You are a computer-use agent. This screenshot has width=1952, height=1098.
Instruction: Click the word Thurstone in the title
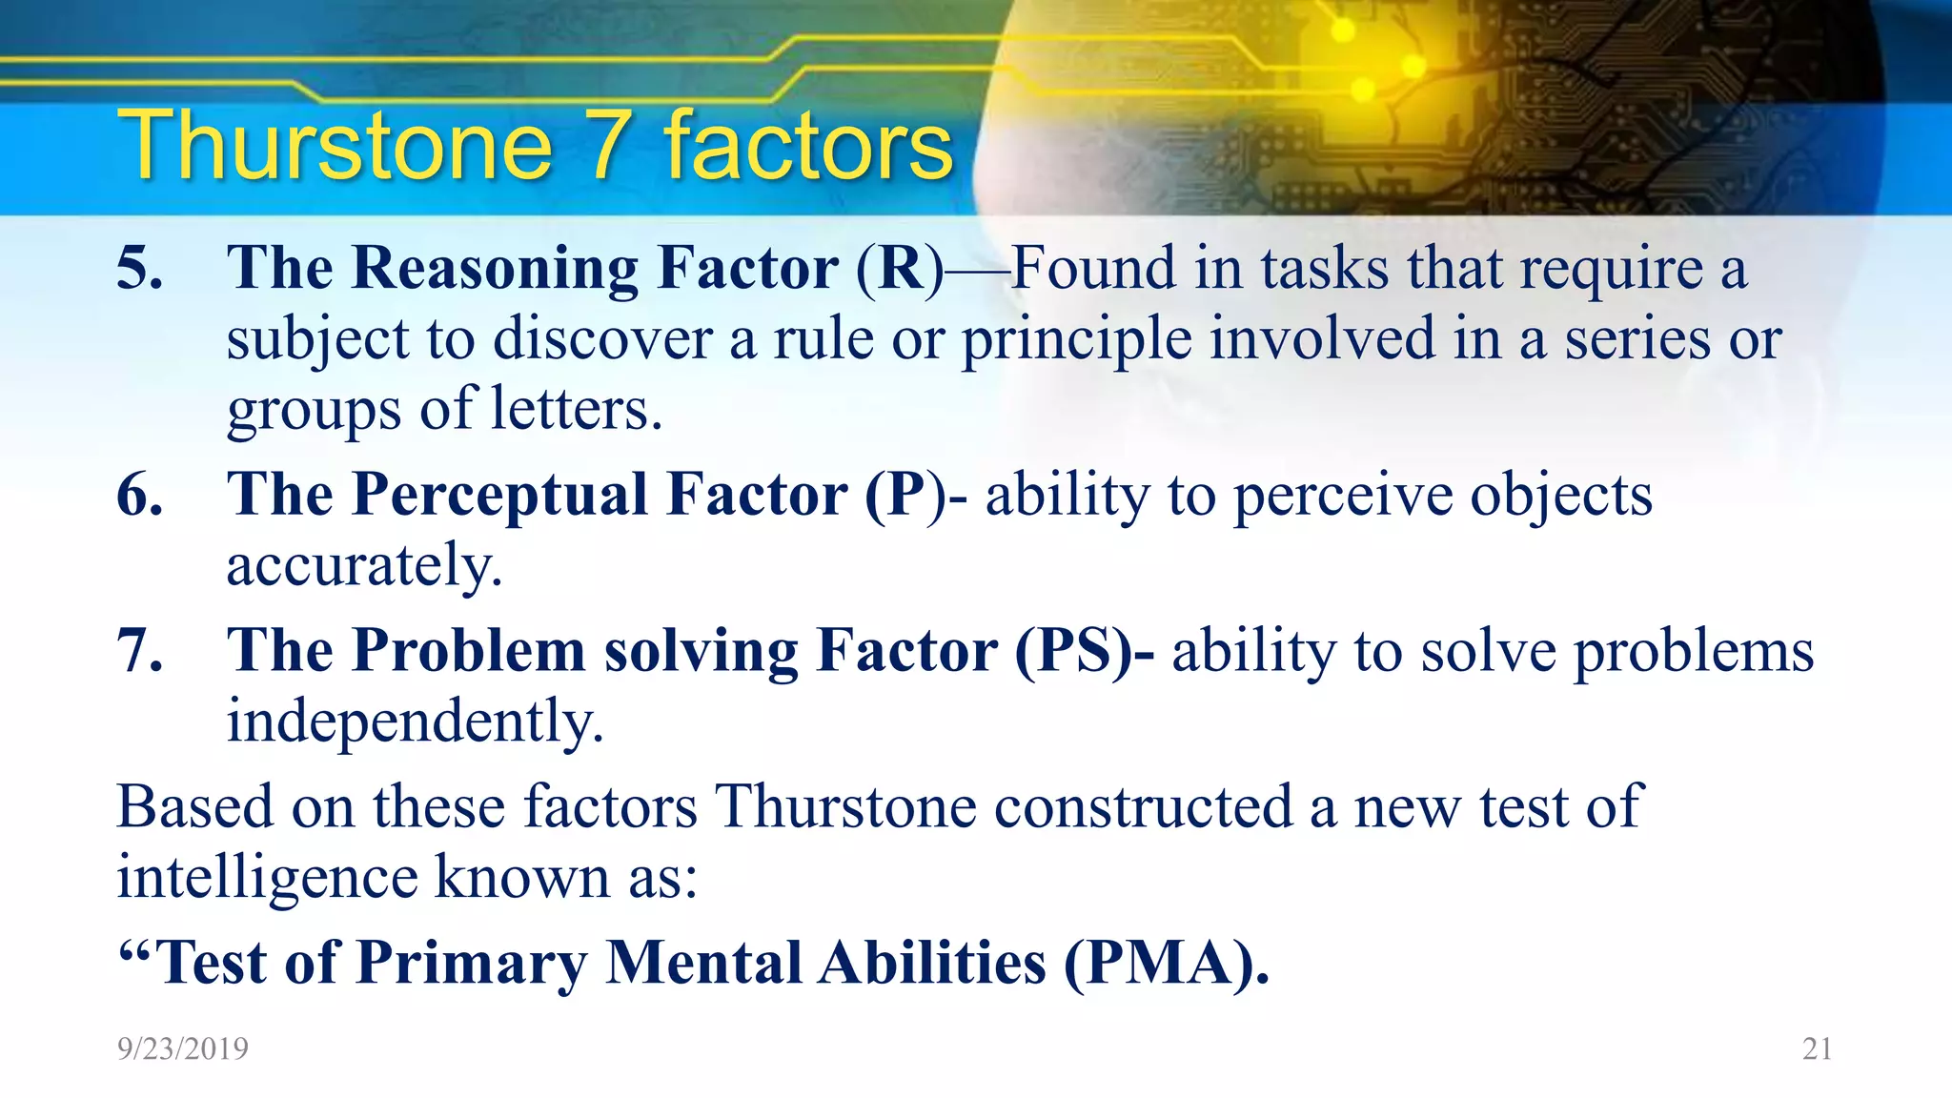[x=334, y=145]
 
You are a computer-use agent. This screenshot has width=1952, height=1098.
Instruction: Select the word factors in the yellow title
[x=808, y=145]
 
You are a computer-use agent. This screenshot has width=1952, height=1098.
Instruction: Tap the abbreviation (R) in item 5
[x=899, y=269]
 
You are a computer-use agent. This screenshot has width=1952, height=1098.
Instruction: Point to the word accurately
[x=363, y=566]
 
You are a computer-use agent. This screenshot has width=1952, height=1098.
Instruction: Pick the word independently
[x=415, y=721]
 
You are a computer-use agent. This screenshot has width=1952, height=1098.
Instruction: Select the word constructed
[x=1143, y=806]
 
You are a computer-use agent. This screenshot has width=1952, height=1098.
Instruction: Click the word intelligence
[x=267, y=877]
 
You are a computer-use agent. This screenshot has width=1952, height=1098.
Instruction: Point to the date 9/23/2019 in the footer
[x=182, y=1048]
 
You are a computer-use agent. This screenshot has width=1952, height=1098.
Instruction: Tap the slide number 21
[x=1817, y=1048]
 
